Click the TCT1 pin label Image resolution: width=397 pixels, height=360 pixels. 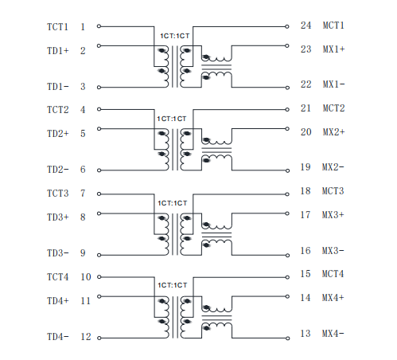pyautogui.click(x=57, y=27)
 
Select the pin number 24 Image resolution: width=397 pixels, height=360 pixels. pyautogui.click(x=306, y=25)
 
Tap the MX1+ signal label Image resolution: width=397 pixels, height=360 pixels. pyautogui.click(x=333, y=49)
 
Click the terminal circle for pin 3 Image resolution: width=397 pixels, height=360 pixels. pyautogui.click(x=99, y=88)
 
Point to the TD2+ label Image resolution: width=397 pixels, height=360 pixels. pyautogui.click(x=58, y=134)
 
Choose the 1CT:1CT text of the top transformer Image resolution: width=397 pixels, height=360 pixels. pyautogui.click(x=175, y=36)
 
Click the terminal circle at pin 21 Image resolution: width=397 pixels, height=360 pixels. pyautogui.click(x=287, y=109)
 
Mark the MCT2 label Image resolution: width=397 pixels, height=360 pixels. pyautogui.click(x=333, y=108)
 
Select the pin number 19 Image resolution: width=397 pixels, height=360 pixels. pyautogui.click(x=306, y=167)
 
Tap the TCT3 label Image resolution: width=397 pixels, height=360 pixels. pyautogui.click(x=58, y=194)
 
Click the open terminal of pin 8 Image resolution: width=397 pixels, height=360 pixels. pyautogui.click(x=99, y=213)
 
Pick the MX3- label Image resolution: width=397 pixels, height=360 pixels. pyautogui.click(x=333, y=251)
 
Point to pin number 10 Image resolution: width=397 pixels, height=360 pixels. pyautogui.click(x=86, y=277)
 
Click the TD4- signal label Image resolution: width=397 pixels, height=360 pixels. pyautogui.click(x=58, y=337)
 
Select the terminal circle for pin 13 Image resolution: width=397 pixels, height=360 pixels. pyautogui.click(x=287, y=338)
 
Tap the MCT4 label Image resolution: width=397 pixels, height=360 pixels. pyautogui.click(x=333, y=274)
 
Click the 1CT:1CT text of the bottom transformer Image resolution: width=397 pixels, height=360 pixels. pyautogui.click(x=173, y=285)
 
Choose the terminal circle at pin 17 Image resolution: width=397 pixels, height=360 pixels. pyautogui.click(x=287, y=213)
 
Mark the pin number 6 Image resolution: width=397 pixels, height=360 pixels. pyautogui.click(x=83, y=170)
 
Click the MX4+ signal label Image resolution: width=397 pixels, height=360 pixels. pyautogui.click(x=333, y=298)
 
